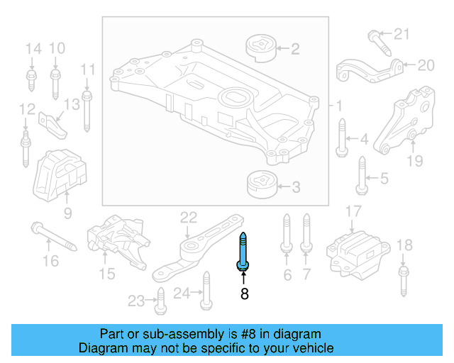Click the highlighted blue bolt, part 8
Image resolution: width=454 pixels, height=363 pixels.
pos(243,252)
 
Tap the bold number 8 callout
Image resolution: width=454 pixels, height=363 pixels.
pos(244,293)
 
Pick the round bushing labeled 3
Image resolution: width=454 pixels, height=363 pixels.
pos(260,186)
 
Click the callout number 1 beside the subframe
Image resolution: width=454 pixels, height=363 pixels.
pos(339,106)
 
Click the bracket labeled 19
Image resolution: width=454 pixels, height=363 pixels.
pos(404,122)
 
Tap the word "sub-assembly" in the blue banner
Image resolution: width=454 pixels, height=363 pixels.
pos(172,334)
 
